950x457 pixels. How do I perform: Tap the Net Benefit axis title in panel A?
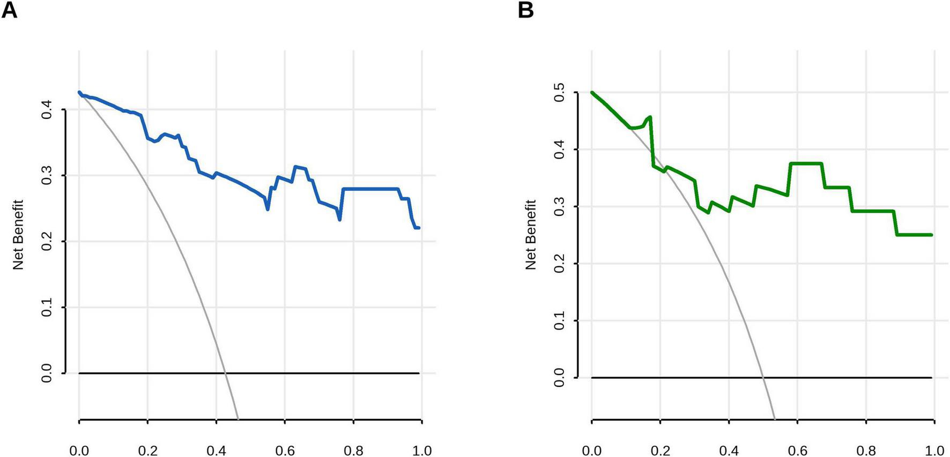[x=19, y=235]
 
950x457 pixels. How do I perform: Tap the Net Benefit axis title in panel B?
[x=531, y=235]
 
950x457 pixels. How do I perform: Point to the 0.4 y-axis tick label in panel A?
[x=47, y=110]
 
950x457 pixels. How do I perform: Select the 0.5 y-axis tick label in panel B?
[x=560, y=93]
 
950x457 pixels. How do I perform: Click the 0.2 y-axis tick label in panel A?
[x=47, y=242]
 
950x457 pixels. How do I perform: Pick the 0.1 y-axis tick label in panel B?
[x=560, y=320]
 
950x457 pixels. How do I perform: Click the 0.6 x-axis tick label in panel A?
[x=285, y=450]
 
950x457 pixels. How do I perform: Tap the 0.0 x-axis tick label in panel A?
[x=79, y=450]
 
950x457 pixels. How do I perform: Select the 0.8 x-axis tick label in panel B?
[x=866, y=450]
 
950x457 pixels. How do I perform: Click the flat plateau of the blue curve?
[x=370, y=189]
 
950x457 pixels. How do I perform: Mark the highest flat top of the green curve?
[x=806, y=163]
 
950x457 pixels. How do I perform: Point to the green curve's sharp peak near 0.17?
[x=650, y=117]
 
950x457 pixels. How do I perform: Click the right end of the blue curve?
[x=418, y=228]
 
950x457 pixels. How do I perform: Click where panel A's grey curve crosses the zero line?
[x=226, y=373]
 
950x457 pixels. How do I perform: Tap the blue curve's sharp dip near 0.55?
[x=268, y=208]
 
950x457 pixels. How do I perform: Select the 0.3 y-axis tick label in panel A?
[x=47, y=176]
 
